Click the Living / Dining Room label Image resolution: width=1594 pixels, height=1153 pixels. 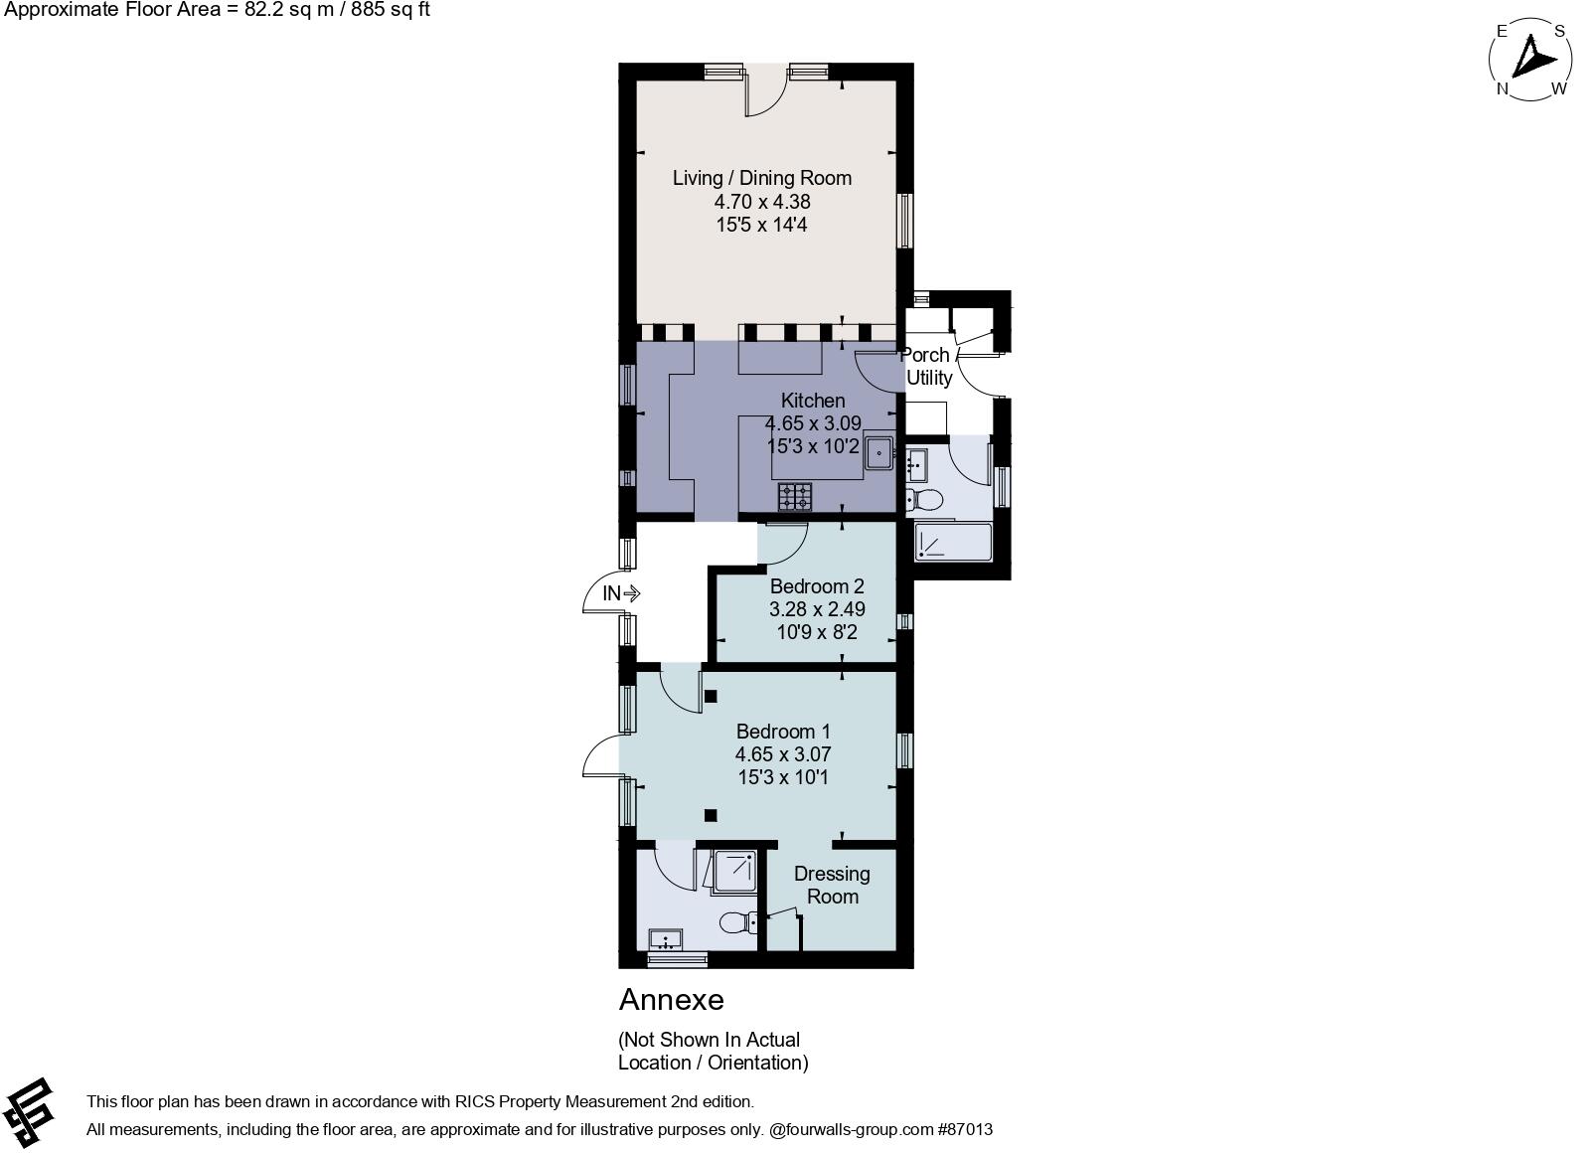[762, 178]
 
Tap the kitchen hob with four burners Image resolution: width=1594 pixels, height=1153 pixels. [794, 496]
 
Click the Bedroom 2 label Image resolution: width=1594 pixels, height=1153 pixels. [817, 586]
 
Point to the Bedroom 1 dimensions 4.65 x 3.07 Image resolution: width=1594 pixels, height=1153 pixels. [783, 753]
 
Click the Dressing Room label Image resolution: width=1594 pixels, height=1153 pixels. [832, 885]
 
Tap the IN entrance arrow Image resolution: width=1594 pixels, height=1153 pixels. [631, 592]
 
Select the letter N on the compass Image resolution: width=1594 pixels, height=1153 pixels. [1503, 89]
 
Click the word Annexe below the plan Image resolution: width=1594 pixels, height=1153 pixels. [671, 1000]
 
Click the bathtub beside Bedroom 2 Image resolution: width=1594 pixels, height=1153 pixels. [953, 543]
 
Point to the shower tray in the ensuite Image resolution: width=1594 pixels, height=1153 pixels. [734, 871]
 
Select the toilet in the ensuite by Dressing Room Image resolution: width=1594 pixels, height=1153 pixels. [739, 923]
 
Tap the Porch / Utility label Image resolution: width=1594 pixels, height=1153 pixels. [928, 366]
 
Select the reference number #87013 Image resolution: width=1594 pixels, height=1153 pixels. [965, 1129]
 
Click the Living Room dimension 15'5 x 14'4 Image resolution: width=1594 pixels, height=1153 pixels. [761, 225]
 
